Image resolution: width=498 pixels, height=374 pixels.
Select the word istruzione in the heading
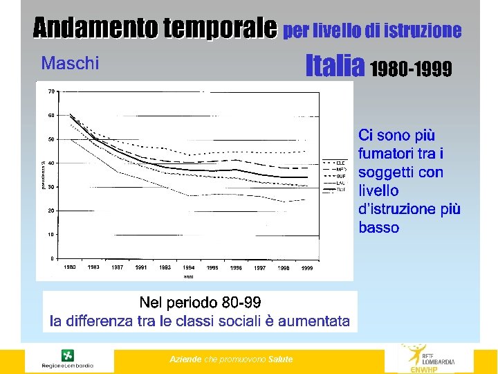[426, 31]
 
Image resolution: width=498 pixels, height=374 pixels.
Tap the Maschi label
[70, 64]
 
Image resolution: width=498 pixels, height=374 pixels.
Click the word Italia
[335, 66]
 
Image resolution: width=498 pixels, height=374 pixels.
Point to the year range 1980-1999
[412, 69]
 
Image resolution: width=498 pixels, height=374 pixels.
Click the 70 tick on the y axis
[51, 91]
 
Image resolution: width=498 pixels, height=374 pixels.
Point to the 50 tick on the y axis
[51, 139]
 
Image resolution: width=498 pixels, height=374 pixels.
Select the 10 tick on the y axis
[51, 235]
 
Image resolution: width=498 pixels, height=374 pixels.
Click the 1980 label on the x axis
[70, 267]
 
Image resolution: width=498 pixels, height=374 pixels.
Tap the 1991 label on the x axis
[141, 267]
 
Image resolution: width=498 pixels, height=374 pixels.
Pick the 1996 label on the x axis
[236, 268]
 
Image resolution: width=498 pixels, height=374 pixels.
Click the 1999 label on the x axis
[307, 268]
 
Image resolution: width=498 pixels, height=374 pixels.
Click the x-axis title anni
[188, 276]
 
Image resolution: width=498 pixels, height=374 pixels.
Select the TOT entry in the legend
[341, 189]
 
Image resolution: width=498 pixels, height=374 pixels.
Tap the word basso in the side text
[379, 227]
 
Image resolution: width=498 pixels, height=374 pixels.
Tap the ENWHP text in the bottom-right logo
[425, 369]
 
